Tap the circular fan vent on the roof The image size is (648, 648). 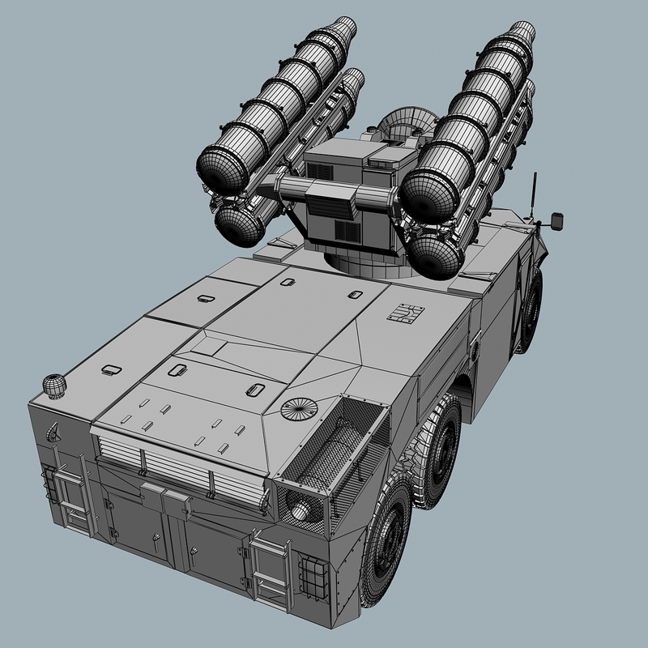click(296, 407)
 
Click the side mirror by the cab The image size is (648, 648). click(557, 219)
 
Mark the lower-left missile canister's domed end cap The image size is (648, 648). click(239, 223)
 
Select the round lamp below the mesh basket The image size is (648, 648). click(301, 510)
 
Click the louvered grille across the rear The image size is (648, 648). click(177, 470)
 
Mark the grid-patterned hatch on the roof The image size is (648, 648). click(404, 314)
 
